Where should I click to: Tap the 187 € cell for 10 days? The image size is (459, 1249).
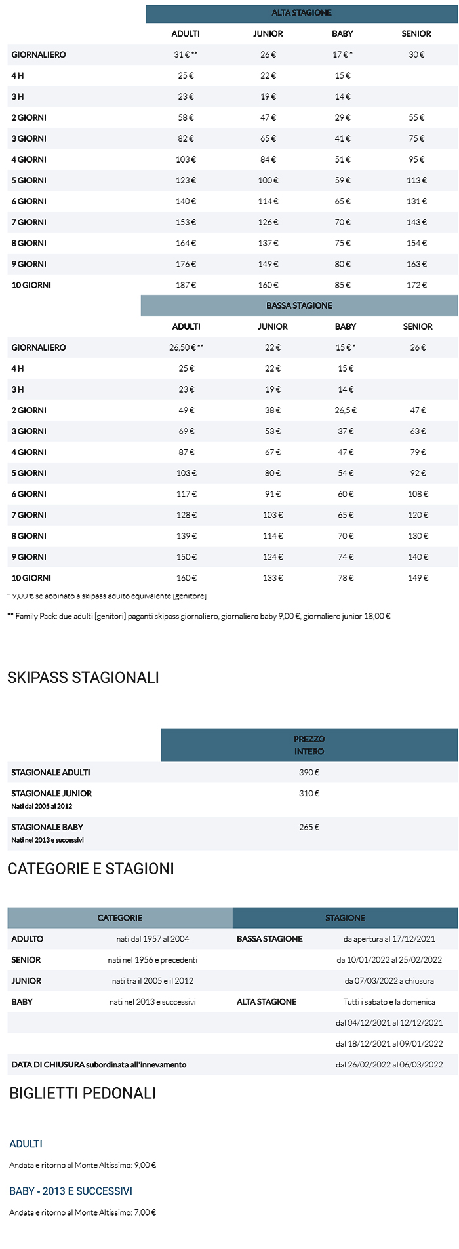pyautogui.click(x=186, y=285)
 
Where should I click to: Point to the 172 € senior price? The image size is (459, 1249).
pyautogui.click(x=416, y=285)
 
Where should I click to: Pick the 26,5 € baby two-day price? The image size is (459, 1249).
pyautogui.click(x=346, y=410)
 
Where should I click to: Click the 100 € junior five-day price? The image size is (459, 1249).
pyautogui.click(x=268, y=180)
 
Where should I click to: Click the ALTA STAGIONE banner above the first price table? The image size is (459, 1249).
pyautogui.click(x=302, y=13)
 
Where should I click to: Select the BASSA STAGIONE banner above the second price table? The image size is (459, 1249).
pyautogui.click(x=299, y=305)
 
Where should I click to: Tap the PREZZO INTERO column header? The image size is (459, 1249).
pyautogui.click(x=309, y=745)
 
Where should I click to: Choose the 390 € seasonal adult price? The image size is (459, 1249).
pyautogui.click(x=309, y=772)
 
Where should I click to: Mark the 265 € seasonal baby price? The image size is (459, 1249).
pyautogui.click(x=309, y=827)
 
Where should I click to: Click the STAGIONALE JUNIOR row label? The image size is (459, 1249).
pyautogui.click(x=52, y=793)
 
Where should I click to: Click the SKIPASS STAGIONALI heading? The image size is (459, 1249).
pyautogui.click(x=83, y=678)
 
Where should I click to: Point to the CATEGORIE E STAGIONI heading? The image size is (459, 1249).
pyautogui.click(x=90, y=869)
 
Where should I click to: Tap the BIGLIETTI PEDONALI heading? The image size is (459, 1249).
pyautogui.click(x=83, y=1093)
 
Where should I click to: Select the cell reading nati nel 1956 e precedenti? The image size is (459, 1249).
pyautogui.click(x=153, y=960)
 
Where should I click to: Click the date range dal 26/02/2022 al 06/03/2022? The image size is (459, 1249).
pyautogui.click(x=389, y=1065)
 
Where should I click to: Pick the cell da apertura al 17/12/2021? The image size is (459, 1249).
pyautogui.click(x=389, y=939)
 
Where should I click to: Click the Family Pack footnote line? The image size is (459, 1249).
pyautogui.click(x=199, y=616)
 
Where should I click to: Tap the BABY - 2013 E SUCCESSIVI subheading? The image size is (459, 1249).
pyautogui.click(x=71, y=1191)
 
